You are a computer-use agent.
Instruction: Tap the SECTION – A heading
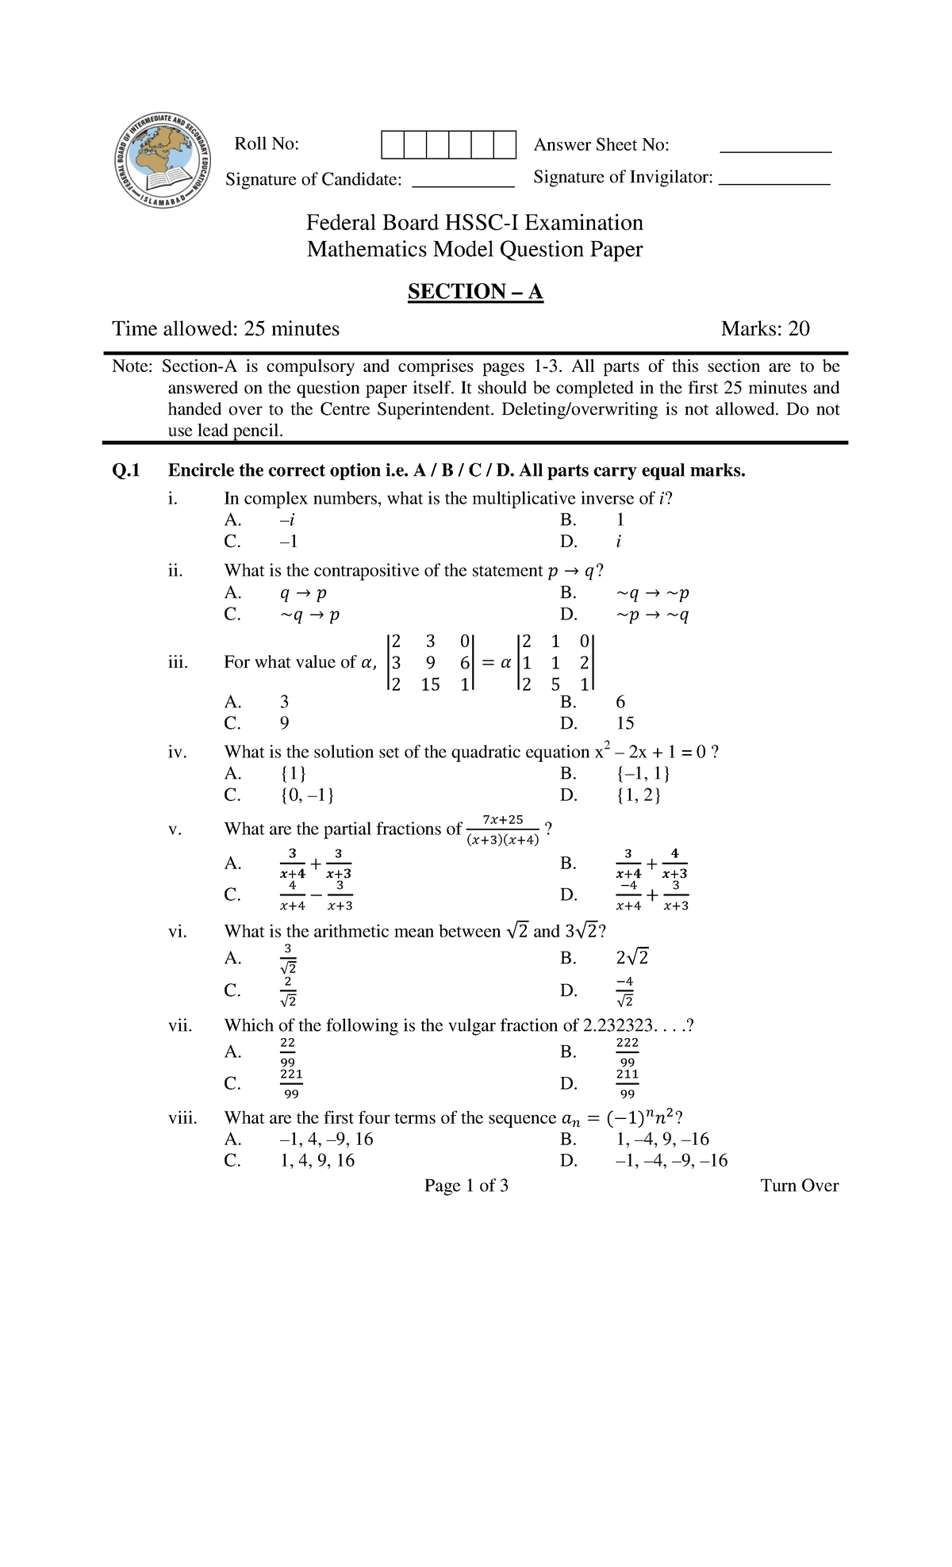(474, 292)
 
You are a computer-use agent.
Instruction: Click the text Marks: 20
(765, 329)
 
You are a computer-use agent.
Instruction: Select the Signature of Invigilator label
(623, 177)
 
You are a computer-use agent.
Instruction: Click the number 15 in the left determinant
(430, 684)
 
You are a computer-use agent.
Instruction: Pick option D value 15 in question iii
(625, 723)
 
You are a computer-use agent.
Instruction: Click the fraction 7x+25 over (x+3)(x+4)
(502, 829)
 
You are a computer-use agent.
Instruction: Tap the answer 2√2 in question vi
(632, 958)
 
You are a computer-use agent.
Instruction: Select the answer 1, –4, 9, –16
(662, 1140)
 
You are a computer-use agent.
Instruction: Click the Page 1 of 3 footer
(466, 1186)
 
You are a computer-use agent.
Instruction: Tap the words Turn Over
(799, 1186)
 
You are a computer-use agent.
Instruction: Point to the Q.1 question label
(125, 471)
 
